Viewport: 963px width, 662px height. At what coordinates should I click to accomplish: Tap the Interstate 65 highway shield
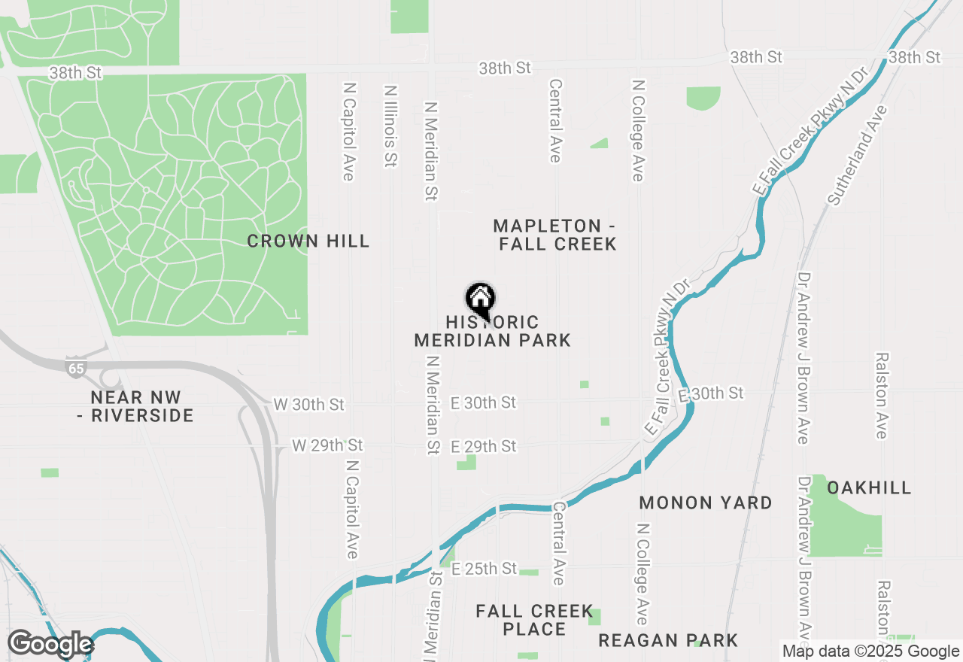click(x=75, y=367)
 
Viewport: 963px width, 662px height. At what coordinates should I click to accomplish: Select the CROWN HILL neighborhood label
click(x=308, y=241)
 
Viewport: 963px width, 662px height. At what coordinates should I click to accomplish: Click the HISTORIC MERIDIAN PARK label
click(x=493, y=332)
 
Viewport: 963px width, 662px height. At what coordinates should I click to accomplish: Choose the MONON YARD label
click(x=706, y=503)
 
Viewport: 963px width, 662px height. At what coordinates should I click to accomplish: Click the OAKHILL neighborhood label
click(x=869, y=487)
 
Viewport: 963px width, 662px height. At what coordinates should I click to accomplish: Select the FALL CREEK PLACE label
click(x=535, y=621)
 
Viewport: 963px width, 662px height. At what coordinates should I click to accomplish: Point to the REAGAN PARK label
click(x=668, y=640)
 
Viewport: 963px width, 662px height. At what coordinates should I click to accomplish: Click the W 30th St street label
click(x=308, y=404)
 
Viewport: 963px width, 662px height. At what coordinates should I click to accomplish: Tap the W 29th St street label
click(x=327, y=445)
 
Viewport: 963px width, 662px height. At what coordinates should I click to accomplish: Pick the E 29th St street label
click(x=484, y=446)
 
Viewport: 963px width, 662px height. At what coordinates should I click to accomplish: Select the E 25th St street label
click(x=484, y=569)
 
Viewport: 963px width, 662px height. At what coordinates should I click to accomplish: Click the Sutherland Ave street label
click(x=858, y=154)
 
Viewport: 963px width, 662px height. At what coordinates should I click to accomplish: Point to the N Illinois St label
click(x=390, y=126)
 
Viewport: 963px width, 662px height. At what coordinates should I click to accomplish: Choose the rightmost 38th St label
click(x=914, y=57)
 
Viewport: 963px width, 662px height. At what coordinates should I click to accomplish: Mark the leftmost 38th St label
click(x=74, y=73)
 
